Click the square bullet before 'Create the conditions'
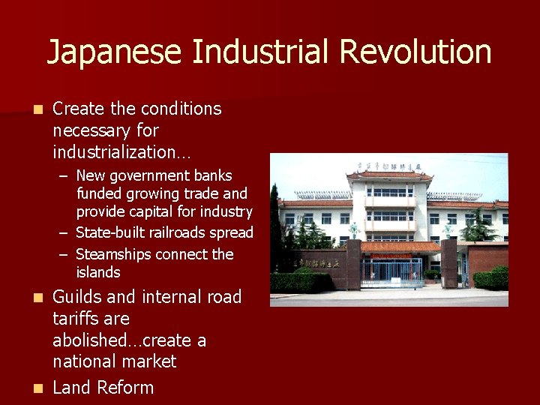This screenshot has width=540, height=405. coord(38,109)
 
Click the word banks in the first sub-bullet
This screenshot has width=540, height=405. coord(214,175)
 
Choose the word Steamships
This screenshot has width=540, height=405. coord(114,254)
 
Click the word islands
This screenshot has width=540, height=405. coord(97,272)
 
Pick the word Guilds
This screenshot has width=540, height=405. coord(76,297)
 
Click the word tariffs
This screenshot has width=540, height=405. coord(77,319)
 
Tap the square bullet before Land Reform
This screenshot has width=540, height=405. coord(38,388)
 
